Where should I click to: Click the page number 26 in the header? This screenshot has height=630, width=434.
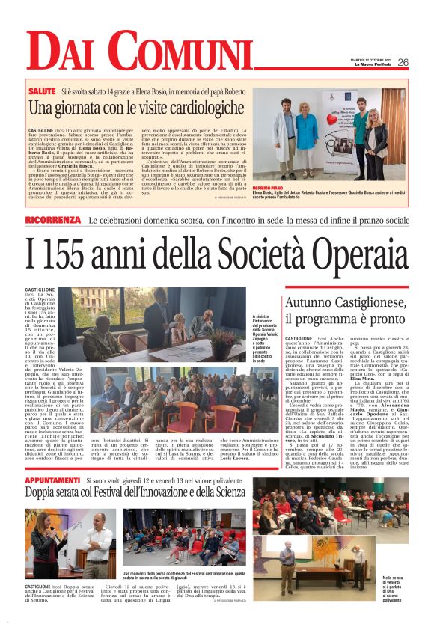pyautogui.click(x=403, y=63)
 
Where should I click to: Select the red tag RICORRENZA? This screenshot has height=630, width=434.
pyautogui.click(x=52, y=220)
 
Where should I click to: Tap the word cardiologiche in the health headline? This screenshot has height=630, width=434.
pyautogui.click(x=187, y=108)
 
